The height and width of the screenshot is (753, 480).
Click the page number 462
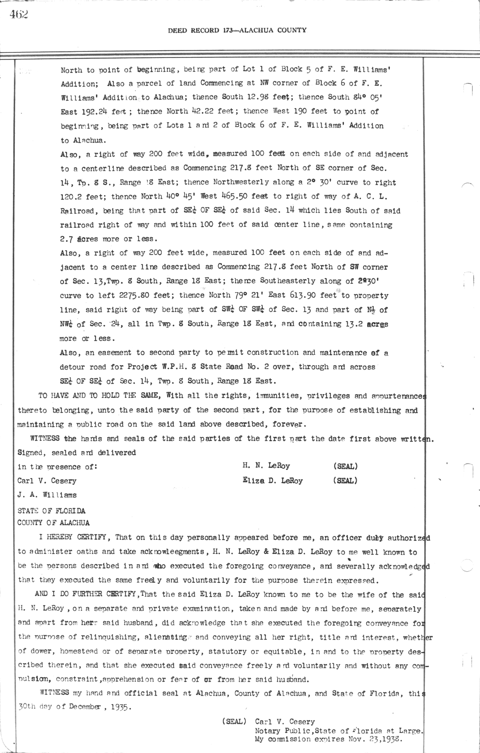(x=19, y=15)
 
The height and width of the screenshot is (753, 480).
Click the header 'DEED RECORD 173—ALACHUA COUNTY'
(x=237, y=30)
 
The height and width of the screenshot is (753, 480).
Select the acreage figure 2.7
(x=66, y=239)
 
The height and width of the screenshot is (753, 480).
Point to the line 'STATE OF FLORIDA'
(x=51, y=511)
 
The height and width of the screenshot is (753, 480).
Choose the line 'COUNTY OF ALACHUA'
(x=53, y=523)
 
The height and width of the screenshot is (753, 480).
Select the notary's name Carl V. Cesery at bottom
(x=285, y=722)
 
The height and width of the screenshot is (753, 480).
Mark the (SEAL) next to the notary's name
(x=234, y=722)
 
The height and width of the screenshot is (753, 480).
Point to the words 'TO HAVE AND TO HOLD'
(x=75, y=396)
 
